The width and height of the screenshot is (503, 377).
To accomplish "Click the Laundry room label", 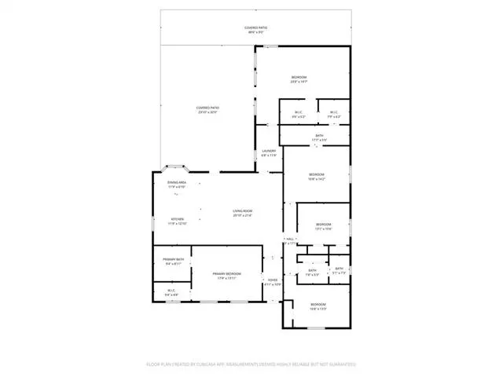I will point(269,154).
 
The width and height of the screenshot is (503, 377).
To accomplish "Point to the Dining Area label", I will point(175,185).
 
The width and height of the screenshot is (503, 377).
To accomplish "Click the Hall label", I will point(290,241).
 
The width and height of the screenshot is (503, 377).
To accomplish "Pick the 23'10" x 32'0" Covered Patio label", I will point(208,110).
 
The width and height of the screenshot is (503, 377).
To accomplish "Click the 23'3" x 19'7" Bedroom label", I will point(299,79).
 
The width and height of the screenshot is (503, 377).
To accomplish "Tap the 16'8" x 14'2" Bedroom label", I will point(316,176).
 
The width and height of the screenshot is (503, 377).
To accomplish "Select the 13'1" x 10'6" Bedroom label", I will point(324,226).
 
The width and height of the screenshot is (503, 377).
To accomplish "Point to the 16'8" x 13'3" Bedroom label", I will point(318,306).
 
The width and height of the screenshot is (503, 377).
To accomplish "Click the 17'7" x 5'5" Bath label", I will point(319,138).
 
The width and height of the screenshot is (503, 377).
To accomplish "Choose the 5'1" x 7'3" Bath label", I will point(340,271).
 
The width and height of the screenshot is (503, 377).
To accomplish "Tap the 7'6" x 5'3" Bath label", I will point(312,273).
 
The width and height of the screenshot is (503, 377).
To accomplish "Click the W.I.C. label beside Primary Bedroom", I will point(171,293).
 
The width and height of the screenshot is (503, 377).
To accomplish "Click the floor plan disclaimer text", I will point(251,364).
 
